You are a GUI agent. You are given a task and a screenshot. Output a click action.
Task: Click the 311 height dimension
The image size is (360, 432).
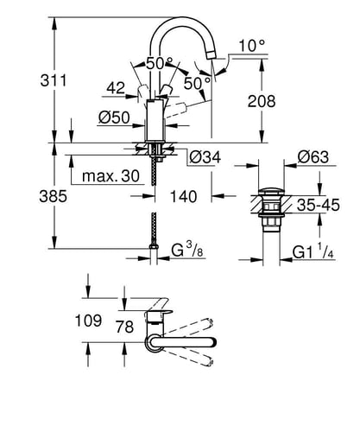54,80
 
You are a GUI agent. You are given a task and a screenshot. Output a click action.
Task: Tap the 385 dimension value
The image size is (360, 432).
53,197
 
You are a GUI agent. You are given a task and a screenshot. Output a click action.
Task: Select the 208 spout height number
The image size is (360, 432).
262,101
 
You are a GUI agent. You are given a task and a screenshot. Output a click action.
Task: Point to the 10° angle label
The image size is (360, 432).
252,46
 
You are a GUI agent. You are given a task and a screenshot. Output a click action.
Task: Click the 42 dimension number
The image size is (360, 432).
116,88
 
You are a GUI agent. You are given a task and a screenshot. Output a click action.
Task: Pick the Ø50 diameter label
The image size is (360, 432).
114,118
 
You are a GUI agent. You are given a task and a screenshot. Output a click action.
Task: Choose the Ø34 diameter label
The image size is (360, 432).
205,157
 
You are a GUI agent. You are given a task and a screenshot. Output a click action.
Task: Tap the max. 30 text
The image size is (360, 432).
111,176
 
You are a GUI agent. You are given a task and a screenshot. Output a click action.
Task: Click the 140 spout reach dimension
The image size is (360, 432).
184,196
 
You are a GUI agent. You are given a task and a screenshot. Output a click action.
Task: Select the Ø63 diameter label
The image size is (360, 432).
313,157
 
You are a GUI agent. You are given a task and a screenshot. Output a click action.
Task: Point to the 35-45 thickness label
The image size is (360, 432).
319,205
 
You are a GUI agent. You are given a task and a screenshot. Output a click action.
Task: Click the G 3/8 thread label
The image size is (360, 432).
187,250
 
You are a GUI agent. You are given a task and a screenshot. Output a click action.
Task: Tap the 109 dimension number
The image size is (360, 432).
88,321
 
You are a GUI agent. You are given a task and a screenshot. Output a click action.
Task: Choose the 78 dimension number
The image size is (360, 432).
125,327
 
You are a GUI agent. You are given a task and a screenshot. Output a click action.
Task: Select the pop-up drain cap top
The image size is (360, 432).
271,192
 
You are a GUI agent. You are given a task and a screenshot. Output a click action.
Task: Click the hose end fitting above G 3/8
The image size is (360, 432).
154,246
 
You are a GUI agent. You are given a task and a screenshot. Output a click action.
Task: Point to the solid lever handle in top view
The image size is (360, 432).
182,342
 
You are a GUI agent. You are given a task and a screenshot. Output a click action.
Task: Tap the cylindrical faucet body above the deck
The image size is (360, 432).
155,120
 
